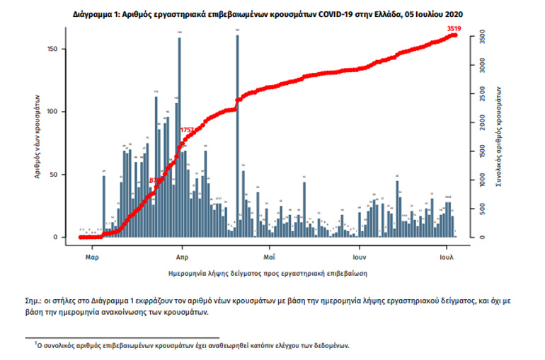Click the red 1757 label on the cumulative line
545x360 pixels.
(188, 130)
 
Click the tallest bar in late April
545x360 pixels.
(237, 134)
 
